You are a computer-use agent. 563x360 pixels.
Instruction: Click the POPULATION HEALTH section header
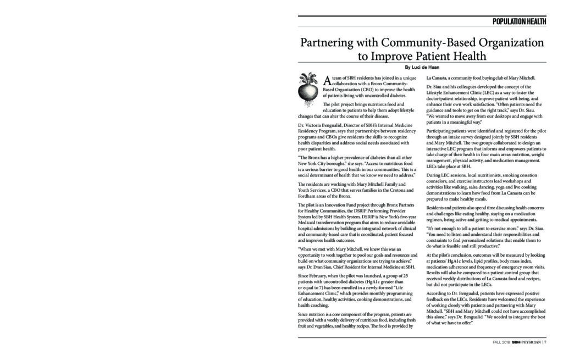pos(518,22)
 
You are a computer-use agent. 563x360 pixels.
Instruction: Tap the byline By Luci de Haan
pos(422,67)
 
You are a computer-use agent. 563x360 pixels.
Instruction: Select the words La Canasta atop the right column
pos(438,77)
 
